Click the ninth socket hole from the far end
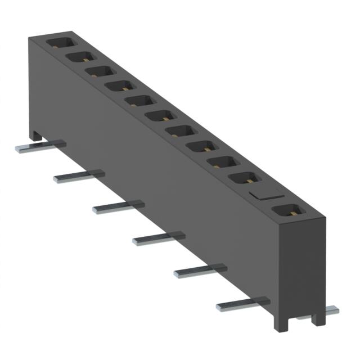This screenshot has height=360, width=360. [223, 163]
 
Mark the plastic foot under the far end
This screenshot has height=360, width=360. [35, 135]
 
